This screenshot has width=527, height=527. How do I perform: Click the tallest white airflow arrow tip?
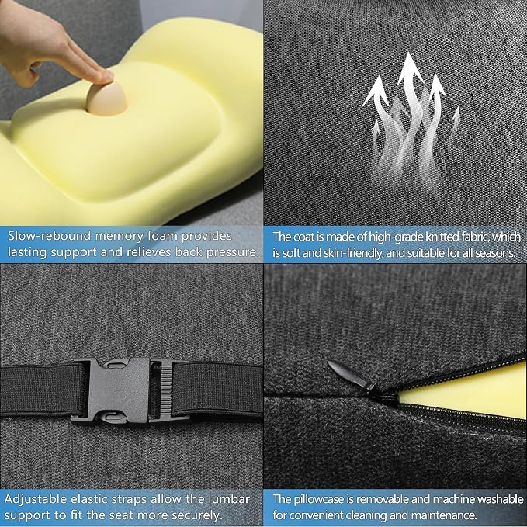point(409,59)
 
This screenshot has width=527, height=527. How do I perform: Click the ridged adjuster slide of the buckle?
point(165,390)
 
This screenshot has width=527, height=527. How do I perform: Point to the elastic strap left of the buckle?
point(40,390)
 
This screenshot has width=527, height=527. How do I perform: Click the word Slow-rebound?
point(50,236)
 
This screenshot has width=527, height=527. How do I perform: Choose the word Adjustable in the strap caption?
point(36,499)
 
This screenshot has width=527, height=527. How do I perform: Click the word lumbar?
point(229,499)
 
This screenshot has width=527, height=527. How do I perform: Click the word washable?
point(501,499)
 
